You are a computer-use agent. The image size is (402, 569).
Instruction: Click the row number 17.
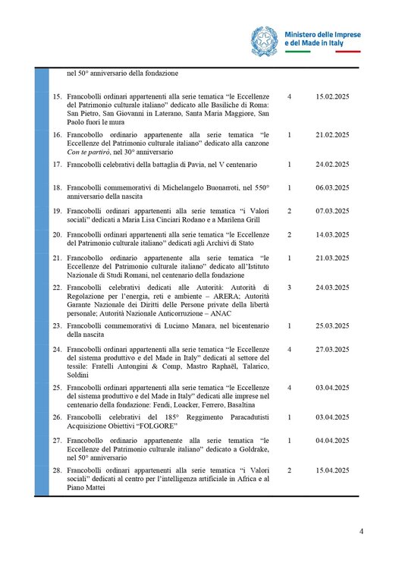(56, 164)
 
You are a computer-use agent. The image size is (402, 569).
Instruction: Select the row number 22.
(56, 288)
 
